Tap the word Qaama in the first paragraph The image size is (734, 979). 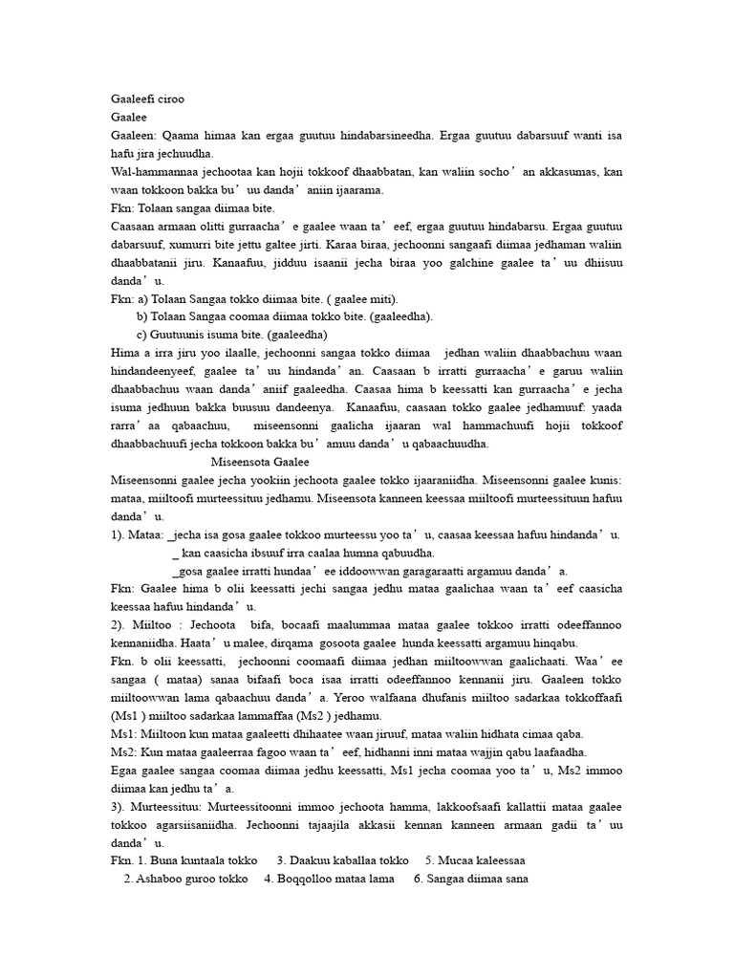[180, 136]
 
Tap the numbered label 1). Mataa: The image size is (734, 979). [138, 534]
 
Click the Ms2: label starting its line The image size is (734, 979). [124, 752]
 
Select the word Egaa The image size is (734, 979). [126, 771]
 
